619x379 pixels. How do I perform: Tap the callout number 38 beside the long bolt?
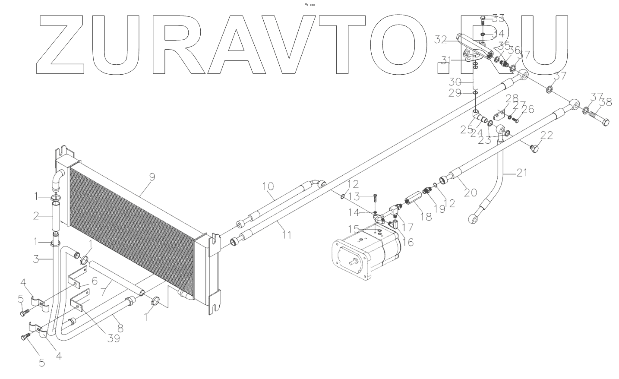[606, 102]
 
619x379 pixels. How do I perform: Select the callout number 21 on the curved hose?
[521, 174]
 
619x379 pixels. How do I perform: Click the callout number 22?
[546, 136]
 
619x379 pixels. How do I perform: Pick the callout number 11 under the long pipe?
[287, 235]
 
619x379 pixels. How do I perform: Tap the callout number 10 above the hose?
[268, 186]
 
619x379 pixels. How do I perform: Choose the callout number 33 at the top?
[498, 18]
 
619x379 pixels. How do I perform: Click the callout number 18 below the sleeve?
[426, 216]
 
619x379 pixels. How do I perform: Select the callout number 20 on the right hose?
[470, 192]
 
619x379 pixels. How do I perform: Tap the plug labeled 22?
[535, 149]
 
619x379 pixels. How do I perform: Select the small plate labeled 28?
[499, 116]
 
